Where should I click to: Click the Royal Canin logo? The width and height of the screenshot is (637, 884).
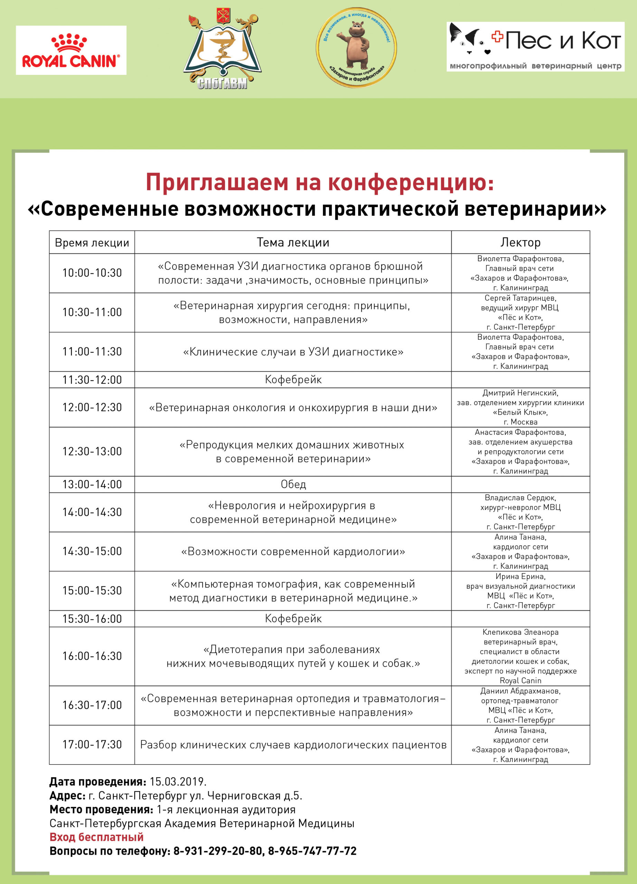point(71,50)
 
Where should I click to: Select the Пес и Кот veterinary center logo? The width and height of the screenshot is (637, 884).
point(535,46)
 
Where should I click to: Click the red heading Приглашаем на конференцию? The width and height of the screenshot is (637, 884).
point(320,182)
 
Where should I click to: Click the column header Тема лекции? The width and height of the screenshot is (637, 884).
point(293,242)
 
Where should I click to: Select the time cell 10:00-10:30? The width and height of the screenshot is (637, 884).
point(92,273)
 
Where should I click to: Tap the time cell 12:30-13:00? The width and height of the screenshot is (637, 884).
point(92,451)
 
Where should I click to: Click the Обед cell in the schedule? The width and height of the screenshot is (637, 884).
point(293,484)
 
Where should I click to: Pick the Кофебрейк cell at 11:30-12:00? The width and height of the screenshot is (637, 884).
point(293,379)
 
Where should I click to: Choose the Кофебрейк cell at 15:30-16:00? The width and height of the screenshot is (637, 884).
point(293,618)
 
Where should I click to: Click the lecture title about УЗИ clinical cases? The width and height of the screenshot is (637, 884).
point(293,352)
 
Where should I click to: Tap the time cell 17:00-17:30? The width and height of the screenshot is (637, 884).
point(92,744)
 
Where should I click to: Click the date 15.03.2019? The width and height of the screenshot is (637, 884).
point(178,782)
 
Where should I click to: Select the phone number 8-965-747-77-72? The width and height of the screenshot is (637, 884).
point(312,851)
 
